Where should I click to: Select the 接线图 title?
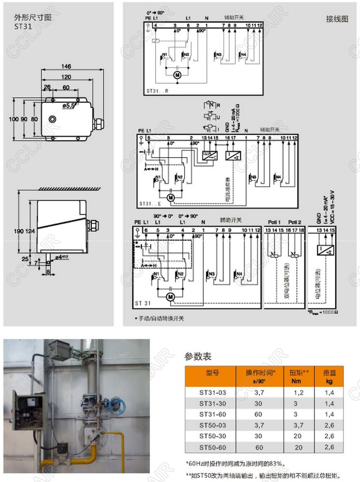337,20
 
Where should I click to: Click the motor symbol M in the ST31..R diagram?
177,75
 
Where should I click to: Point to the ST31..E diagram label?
150,204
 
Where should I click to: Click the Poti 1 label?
274,222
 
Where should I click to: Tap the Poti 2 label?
294,222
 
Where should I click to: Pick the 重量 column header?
330,373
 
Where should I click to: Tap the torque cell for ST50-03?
299,425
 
